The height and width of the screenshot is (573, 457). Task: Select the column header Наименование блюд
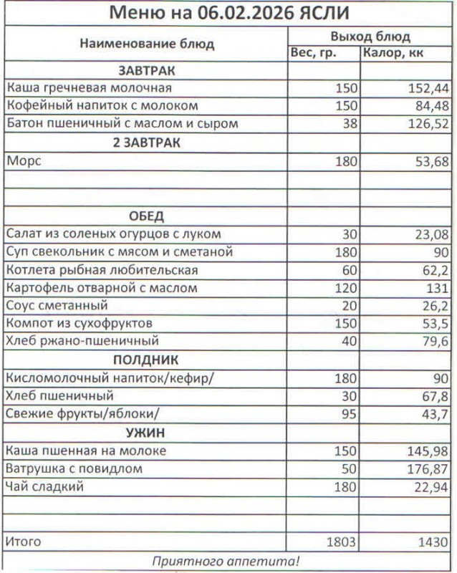[x=147, y=44]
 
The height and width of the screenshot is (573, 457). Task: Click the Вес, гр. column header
[x=314, y=53]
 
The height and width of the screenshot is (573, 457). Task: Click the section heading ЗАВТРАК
[x=147, y=71]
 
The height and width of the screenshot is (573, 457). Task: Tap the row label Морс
[x=24, y=162]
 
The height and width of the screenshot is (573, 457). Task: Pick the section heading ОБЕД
[x=147, y=216]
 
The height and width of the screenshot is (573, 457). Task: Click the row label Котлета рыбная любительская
[x=102, y=271]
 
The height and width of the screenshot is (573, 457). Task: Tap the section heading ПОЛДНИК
[x=147, y=360]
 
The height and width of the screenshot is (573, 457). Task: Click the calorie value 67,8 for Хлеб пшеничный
[x=435, y=396]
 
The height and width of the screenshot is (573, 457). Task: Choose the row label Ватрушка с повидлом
[x=74, y=469]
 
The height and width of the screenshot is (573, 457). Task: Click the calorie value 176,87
[x=428, y=469]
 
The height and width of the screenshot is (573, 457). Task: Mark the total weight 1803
[x=341, y=542]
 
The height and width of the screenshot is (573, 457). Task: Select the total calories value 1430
[x=433, y=542]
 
